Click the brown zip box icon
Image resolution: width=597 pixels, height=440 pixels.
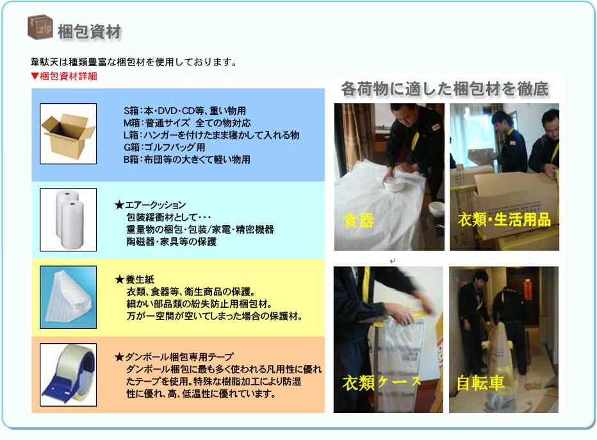(x=40, y=27)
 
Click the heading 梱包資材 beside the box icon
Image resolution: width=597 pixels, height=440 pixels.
(x=90, y=31)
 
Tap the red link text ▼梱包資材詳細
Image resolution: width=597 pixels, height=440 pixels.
(x=64, y=76)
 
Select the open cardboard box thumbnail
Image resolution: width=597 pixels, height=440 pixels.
(x=68, y=134)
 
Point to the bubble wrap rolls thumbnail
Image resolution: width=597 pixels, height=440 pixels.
(x=68, y=219)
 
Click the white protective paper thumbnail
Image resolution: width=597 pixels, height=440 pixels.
(x=68, y=297)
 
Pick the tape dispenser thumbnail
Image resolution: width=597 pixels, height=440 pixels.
(x=68, y=375)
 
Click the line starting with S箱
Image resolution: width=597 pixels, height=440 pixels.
(x=184, y=111)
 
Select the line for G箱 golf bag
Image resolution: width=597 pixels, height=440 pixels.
(x=164, y=147)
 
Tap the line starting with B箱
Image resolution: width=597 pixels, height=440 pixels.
(x=186, y=159)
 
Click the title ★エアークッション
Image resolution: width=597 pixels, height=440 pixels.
(x=151, y=205)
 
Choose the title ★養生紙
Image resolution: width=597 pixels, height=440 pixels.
(x=135, y=280)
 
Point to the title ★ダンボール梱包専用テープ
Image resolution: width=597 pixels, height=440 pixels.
(x=174, y=357)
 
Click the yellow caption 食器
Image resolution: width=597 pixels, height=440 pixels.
(x=358, y=220)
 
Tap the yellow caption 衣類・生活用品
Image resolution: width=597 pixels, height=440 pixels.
(x=504, y=219)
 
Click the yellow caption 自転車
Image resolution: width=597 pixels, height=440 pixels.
(x=480, y=383)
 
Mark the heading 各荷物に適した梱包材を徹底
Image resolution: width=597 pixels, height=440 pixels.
(x=445, y=89)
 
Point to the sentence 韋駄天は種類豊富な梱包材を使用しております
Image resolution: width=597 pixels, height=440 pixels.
(x=134, y=62)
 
